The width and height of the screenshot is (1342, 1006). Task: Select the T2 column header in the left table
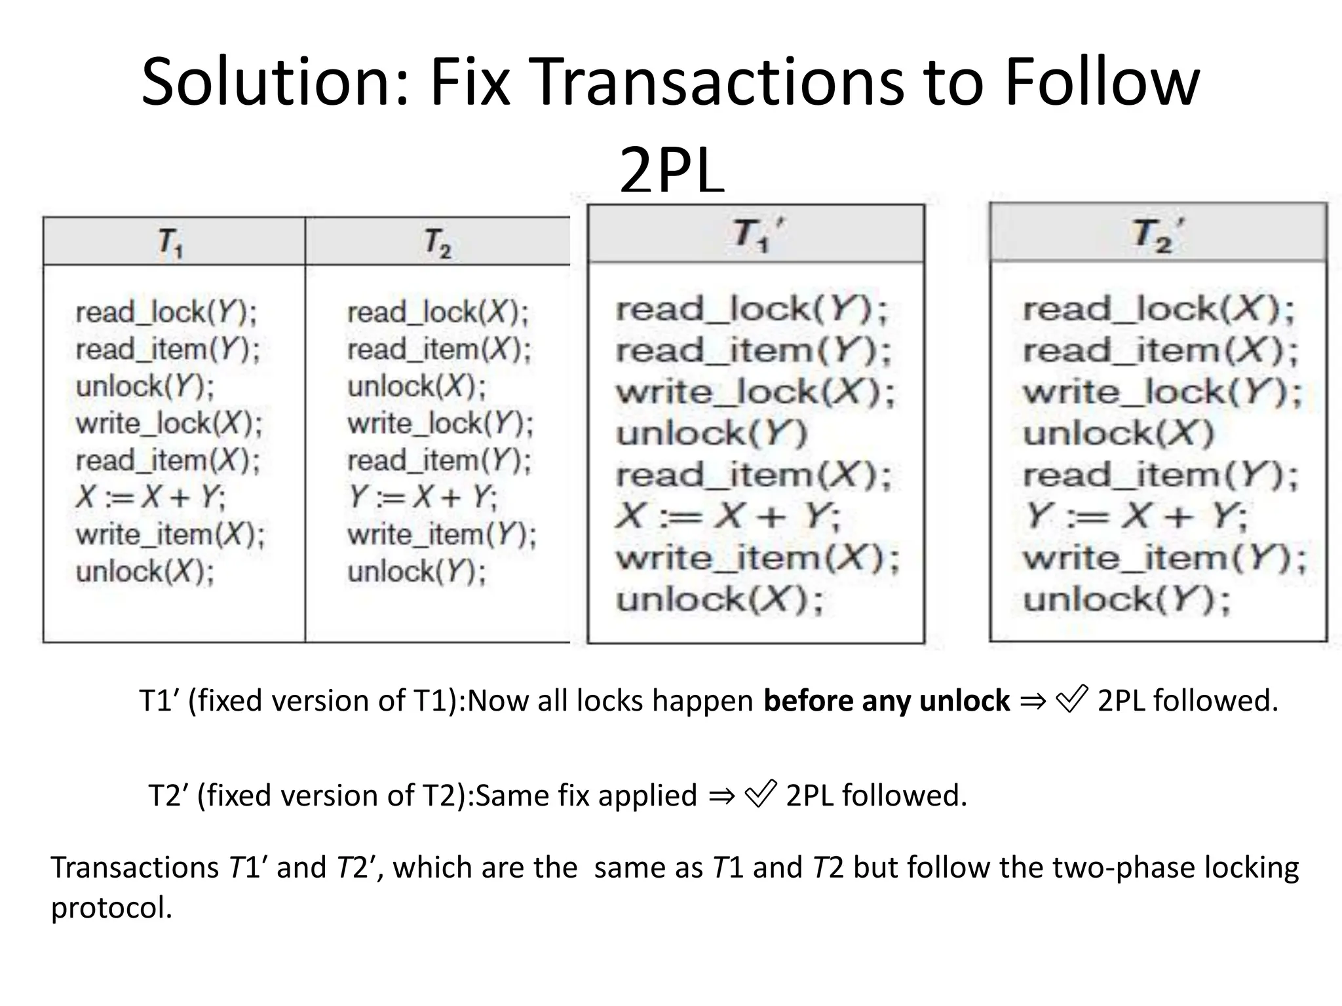click(x=437, y=242)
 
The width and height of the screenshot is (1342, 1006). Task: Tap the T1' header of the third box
click(x=757, y=234)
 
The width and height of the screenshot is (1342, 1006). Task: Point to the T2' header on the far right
click(x=1158, y=234)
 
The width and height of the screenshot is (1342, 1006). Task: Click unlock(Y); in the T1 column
click(x=145, y=386)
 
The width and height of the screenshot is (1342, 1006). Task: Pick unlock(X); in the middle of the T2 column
click(x=417, y=386)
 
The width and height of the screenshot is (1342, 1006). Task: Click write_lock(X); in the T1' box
click(x=755, y=392)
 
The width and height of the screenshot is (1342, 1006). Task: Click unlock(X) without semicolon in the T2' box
click(x=1119, y=434)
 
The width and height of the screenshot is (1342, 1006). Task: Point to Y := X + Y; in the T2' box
click(x=1136, y=517)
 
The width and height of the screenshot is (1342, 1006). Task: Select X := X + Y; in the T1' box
click(x=728, y=517)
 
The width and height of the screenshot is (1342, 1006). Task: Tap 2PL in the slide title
click(x=672, y=172)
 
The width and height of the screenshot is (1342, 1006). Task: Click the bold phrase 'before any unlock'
click(x=887, y=701)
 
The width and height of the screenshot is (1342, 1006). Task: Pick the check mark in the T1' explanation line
click(x=1072, y=699)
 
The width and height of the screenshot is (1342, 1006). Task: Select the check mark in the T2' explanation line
click(x=761, y=794)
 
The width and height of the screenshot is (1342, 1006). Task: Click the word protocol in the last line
click(x=111, y=908)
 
